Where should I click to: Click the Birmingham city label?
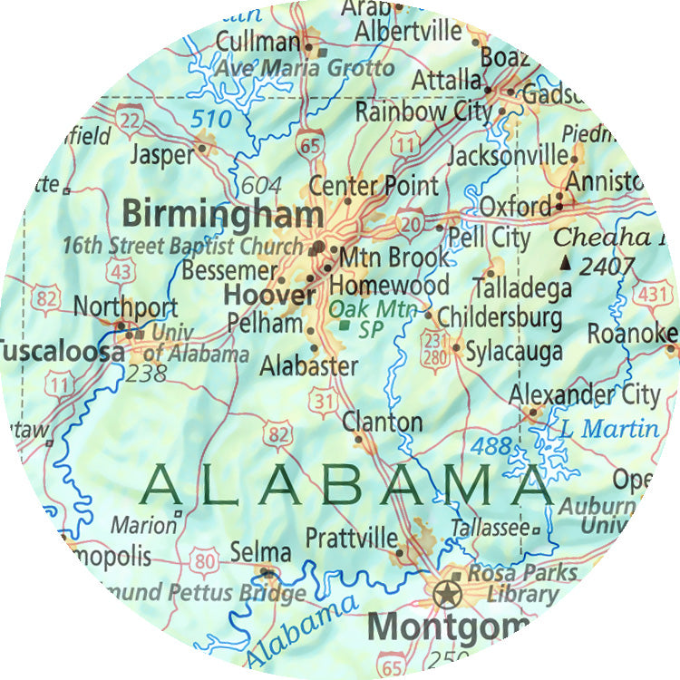pyautogui.click(x=222, y=215)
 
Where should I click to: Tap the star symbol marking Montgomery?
pyautogui.click(x=445, y=595)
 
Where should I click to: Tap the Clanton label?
pyautogui.click(x=382, y=422)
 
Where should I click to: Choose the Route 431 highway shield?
pyautogui.click(x=651, y=296)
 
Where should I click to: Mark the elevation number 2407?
pyautogui.click(x=606, y=266)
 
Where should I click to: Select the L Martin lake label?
pyautogui.click(x=610, y=428)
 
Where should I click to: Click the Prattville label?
pyautogui.click(x=351, y=536)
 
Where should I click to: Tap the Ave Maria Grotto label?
pyautogui.click(x=305, y=68)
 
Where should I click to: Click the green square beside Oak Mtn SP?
pyautogui.click(x=344, y=325)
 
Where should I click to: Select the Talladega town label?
pyautogui.click(x=521, y=288)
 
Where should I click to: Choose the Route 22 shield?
pyautogui.click(x=130, y=120)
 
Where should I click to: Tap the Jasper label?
pyautogui.click(x=162, y=155)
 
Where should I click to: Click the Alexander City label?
pyautogui.click(x=584, y=394)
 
